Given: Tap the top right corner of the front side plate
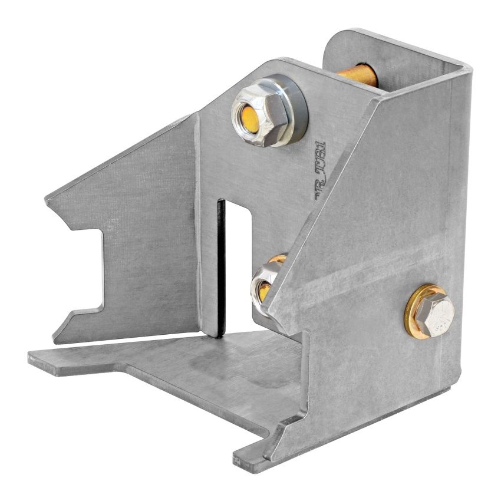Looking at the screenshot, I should [469, 68].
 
